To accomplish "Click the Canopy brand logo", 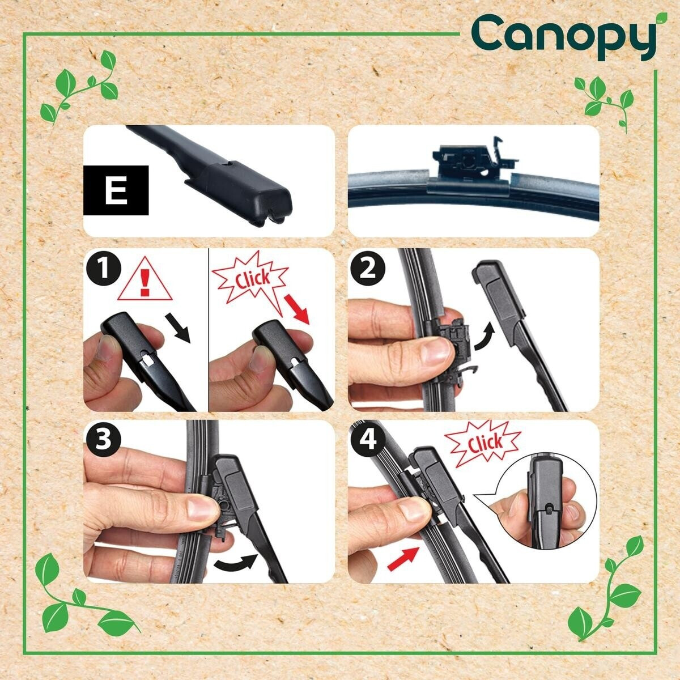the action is coord(569,36).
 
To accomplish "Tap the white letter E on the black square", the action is coord(116,190).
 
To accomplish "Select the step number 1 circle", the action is coord(104,271).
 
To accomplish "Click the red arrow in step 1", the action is coord(296,309).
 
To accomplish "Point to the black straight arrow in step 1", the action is coord(178,328).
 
